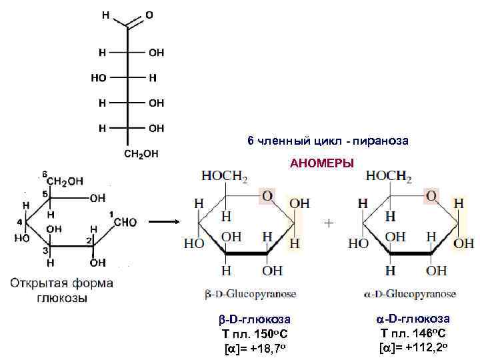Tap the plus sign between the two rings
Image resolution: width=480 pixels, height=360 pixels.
pyautogui.click(x=328, y=223)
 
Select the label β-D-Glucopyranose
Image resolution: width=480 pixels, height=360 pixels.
pyautogui.click(x=251, y=294)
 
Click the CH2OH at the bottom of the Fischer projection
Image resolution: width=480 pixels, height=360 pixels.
pyautogui.click(x=141, y=154)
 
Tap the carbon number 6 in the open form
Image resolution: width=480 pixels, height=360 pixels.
pyautogui.click(x=44, y=175)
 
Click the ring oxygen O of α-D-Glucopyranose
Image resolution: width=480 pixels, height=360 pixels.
pyautogui.click(x=431, y=195)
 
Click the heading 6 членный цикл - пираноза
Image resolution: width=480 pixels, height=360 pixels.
pyautogui.click(x=327, y=141)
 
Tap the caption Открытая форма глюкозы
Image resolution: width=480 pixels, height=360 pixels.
pyautogui.click(x=61, y=290)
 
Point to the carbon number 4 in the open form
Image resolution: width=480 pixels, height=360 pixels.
pyautogui.click(x=20, y=222)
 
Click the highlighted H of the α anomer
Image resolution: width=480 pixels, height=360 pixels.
pyautogui.click(x=459, y=203)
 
